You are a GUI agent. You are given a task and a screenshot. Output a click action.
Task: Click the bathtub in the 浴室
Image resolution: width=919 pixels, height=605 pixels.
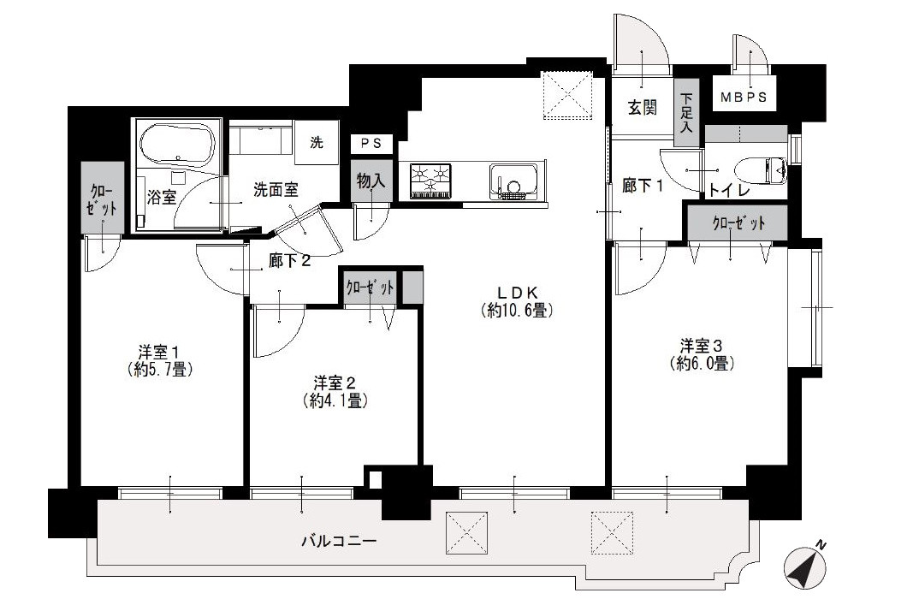pyautogui.click(x=178, y=145)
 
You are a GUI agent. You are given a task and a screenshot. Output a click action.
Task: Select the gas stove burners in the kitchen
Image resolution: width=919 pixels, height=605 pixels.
pyautogui.click(x=431, y=181)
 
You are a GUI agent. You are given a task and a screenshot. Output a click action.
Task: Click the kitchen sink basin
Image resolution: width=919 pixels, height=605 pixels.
pyautogui.click(x=514, y=181)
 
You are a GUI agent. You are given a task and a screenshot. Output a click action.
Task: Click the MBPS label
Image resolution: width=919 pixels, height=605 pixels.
pyautogui.click(x=744, y=98)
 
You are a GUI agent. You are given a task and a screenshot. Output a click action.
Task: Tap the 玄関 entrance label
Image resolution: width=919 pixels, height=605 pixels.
pyautogui.click(x=643, y=108)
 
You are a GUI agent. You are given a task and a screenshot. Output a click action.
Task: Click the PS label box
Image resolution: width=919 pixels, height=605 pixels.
pyautogui.click(x=371, y=143)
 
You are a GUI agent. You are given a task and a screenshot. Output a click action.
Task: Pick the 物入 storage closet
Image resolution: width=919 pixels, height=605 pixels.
pyautogui.click(x=371, y=181)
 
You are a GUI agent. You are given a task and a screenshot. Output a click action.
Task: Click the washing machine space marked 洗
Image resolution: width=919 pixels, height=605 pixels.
pyautogui.click(x=317, y=142)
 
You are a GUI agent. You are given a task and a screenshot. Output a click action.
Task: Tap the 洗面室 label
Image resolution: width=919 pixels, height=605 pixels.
pyautogui.click(x=276, y=190)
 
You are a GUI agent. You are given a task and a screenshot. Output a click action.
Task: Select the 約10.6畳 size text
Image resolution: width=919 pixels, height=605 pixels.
pyautogui.click(x=517, y=310)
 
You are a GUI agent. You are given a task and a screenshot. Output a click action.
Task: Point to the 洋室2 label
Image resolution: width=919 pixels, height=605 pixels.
pyautogui.click(x=335, y=383)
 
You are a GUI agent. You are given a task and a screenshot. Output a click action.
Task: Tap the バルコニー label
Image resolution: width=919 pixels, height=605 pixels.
pyautogui.click(x=339, y=541)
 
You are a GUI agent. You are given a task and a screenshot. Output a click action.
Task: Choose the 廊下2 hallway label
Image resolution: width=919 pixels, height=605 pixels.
pyautogui.click(x=289, y=261)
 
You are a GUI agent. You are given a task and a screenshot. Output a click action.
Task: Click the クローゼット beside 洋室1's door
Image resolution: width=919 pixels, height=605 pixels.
pyautogui.click(x=102, y=198)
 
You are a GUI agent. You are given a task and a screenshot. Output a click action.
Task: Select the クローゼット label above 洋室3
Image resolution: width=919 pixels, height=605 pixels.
pyautogui.click(x=738, y=223)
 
